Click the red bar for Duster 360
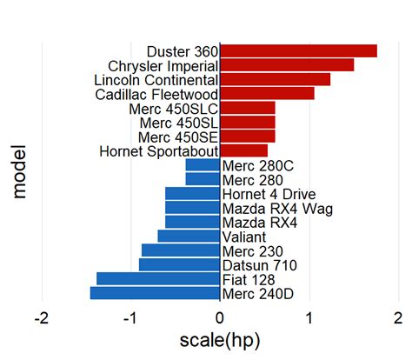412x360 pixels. [x=298, y=51]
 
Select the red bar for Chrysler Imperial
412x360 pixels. [x=287, y=65]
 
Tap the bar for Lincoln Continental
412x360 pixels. [x=275, y=80]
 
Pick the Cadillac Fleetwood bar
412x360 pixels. [x=267, y=94]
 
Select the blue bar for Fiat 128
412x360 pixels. [x=158, y=279]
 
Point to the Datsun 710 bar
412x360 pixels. [x=179, y=265]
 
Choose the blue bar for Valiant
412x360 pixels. [x=189, y=237]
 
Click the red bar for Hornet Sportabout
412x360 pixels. [x=243, y=151]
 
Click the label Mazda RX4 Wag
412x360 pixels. [x=277, y=209]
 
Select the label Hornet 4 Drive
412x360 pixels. [x=269, y=194]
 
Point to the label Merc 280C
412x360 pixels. [x=258, y=165]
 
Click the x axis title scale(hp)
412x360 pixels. [x=220, y=340]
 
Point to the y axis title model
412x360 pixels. [x=19, y=172]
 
